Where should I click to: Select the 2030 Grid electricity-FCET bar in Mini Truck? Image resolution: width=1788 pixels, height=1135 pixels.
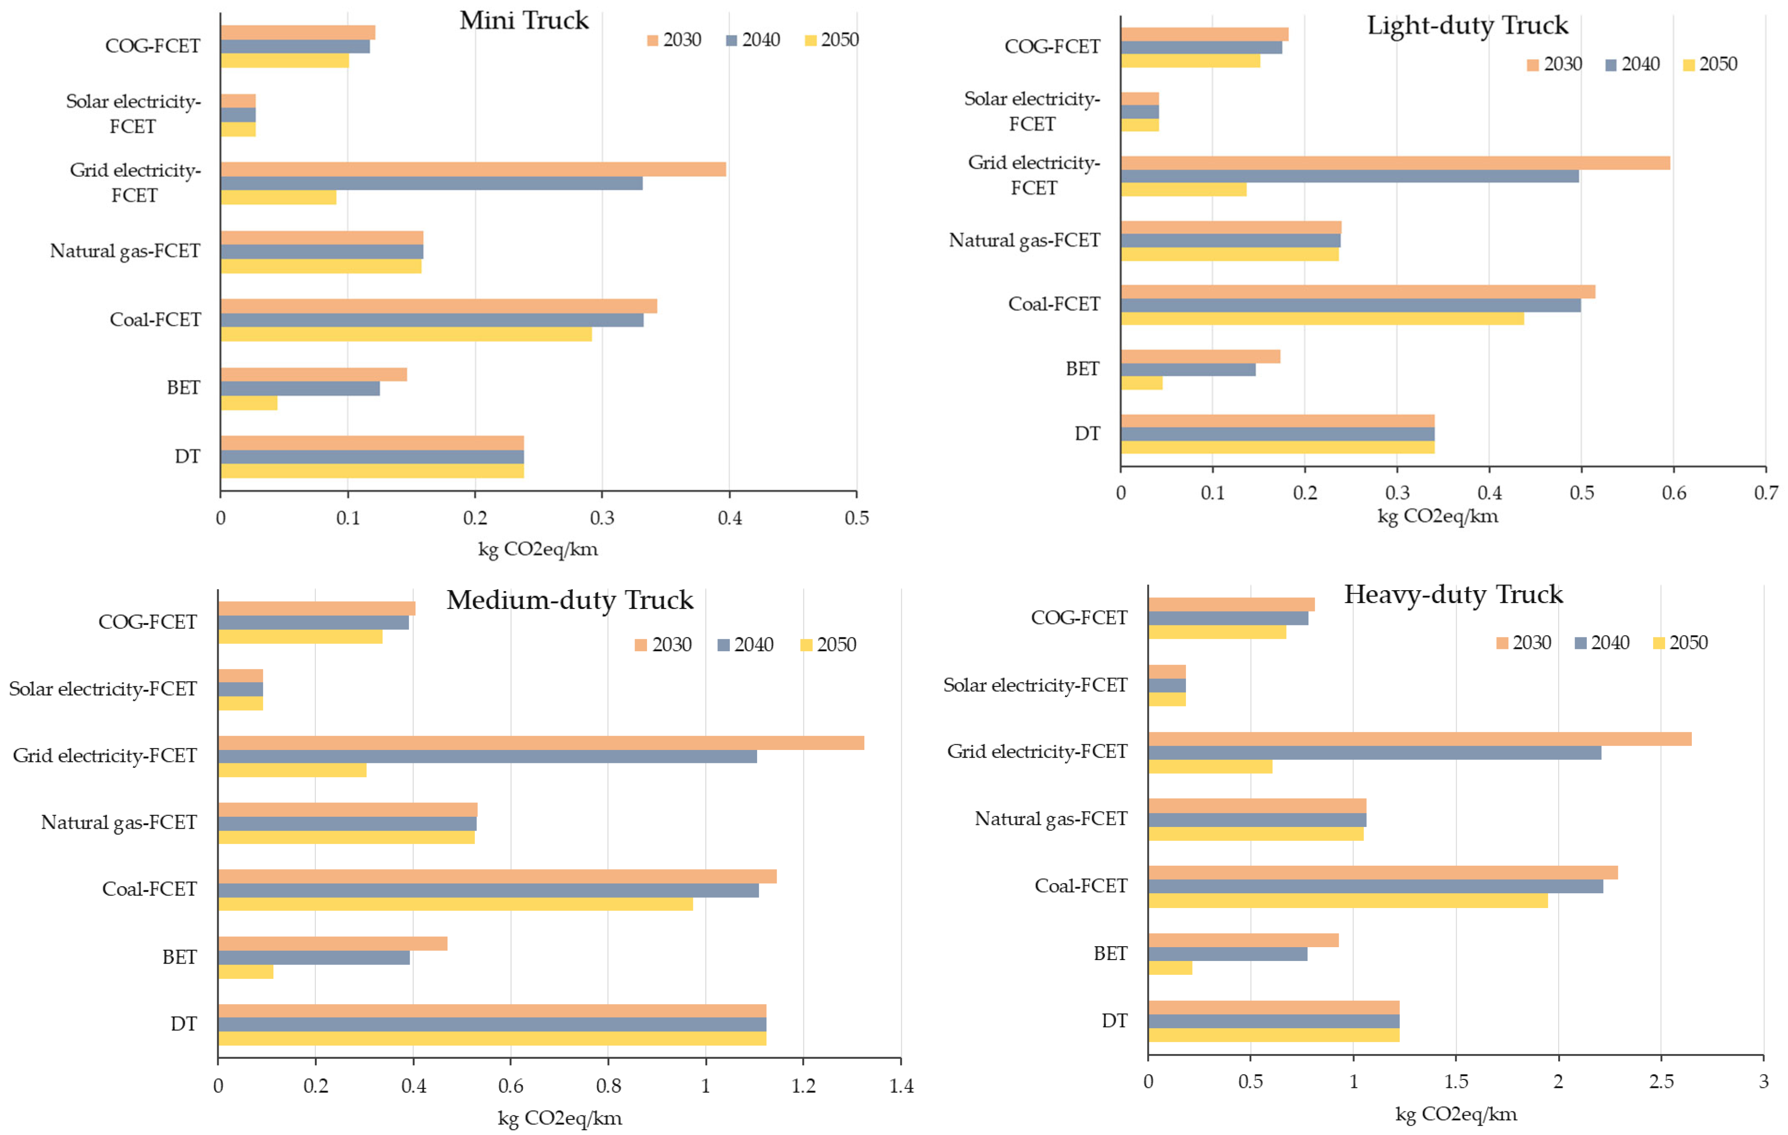(473, 169)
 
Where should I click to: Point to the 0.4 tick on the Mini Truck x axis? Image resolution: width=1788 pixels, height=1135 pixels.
(729, 517)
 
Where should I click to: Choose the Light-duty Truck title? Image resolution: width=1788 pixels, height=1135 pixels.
(1467, 25)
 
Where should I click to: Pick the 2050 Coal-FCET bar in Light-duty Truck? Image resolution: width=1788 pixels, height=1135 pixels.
(1323, 318)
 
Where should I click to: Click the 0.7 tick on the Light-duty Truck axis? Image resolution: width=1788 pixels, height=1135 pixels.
(1766, 492)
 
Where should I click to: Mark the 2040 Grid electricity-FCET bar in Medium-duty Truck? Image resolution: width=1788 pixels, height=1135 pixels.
(488, 756)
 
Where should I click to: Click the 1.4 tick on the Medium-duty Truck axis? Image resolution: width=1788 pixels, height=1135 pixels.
(901, 1086)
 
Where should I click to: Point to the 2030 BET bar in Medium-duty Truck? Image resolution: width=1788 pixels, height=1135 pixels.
(333, 944)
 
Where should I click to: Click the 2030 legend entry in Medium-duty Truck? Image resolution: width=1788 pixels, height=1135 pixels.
(663, 645)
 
